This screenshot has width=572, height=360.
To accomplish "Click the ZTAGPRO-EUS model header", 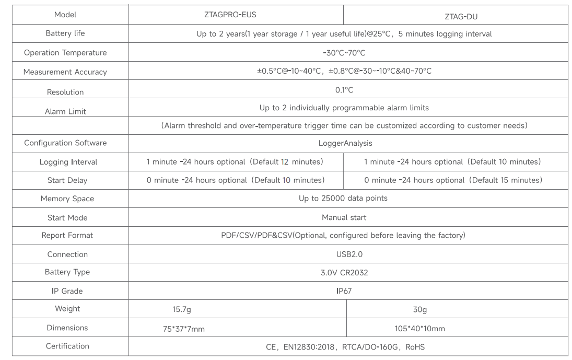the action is (x=230, y=15).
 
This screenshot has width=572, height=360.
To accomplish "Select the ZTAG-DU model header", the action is (x=461, y=16).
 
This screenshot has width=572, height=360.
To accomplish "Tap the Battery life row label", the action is (x=65, y=33).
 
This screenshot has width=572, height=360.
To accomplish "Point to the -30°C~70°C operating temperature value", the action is (x=344, y=53).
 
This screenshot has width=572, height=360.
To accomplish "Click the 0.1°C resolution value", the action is (x=344, y=90).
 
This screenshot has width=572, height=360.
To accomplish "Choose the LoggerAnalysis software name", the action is (x=345, y=143).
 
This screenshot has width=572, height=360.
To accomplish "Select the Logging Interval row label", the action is (x=68, y=162).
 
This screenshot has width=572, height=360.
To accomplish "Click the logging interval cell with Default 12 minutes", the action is (x=235, y=161).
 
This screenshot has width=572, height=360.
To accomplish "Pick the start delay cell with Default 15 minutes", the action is (x=453, y=180).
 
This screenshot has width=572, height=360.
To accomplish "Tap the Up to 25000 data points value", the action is (x=343, y=199).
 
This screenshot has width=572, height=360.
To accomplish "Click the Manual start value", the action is (x=344, y=218).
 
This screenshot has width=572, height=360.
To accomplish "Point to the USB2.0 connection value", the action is (x=349, y=254).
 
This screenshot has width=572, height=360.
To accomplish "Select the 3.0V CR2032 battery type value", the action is (x=344, y=273).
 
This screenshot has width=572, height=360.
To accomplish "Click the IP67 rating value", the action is (x=344, y=291).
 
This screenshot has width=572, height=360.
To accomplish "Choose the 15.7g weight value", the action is (x=182, y=310).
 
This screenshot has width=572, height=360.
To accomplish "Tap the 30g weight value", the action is (x=420, y=310).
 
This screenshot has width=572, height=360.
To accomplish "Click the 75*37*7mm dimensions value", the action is (x=184, y=329).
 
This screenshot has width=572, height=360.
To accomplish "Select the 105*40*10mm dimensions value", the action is (x=420, y=329).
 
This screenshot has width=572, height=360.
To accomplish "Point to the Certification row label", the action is (x=67, y=346).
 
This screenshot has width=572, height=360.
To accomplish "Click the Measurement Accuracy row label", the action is (x=65, y=72).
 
